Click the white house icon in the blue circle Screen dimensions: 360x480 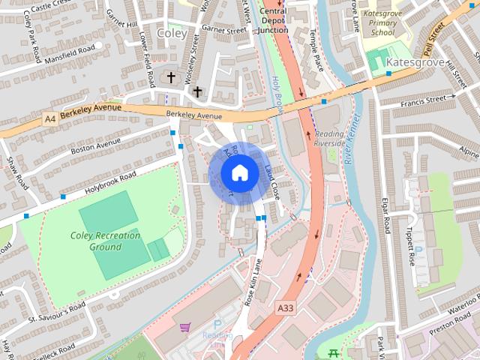[x=239, y=172]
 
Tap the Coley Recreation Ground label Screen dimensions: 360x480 [x=106, y=241]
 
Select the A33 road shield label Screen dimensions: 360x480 [x=285, y=307]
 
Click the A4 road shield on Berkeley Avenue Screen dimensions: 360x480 [x=50, y=118]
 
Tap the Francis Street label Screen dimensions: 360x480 [x=429, y=98]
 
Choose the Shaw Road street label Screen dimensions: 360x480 [x=16, y=173]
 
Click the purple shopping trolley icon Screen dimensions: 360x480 [x=184, y=328]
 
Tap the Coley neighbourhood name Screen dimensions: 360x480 [x=172, y=32]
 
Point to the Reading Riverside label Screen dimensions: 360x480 [x=329, y=131]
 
